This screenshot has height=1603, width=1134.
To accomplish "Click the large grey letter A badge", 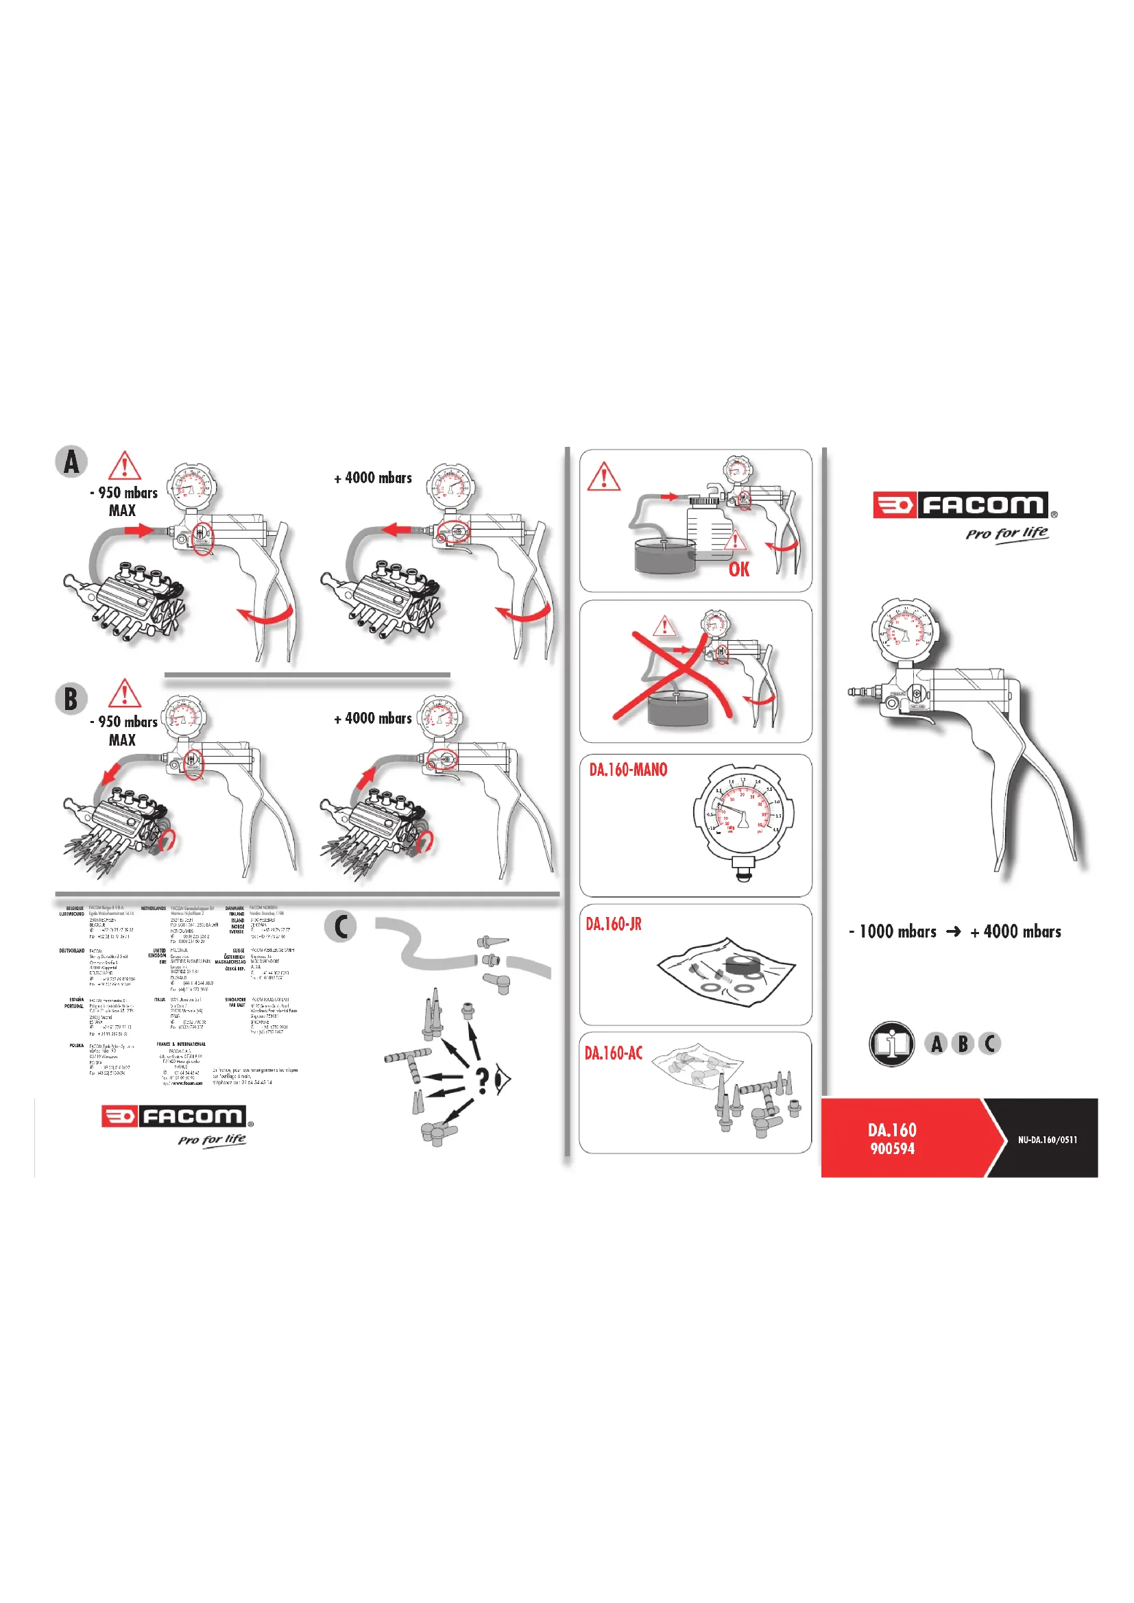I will [x=71, y=461].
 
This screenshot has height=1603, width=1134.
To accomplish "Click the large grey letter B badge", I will [x=71, y=699].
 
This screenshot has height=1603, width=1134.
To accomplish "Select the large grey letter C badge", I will [x=341, y=927].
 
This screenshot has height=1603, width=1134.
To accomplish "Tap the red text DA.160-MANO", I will [x=628, y=770].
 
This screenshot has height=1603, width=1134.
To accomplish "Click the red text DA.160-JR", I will [x=613, y=924].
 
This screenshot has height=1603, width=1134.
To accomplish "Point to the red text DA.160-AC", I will [x=613, y=1053].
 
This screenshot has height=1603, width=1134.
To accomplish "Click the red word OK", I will [x=739, y=570].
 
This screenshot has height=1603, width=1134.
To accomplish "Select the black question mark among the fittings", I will [x=482, y=1081].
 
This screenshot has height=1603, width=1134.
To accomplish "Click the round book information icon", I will [x=892, y=1044].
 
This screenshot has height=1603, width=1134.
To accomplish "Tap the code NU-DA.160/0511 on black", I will [x=1047, y=1140].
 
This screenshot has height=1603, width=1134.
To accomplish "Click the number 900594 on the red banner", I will [x=893, y=1149].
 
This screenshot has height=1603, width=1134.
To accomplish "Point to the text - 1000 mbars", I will [x=893, y=931].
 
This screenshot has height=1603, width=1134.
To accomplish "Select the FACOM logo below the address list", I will [x=178, y=1116].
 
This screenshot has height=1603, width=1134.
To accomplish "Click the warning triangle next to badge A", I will [x=125, y=465].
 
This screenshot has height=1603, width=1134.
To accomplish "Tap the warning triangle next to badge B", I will [x=125, y=694].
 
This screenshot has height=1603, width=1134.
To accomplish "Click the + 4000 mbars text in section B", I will [x=373, y=718].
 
